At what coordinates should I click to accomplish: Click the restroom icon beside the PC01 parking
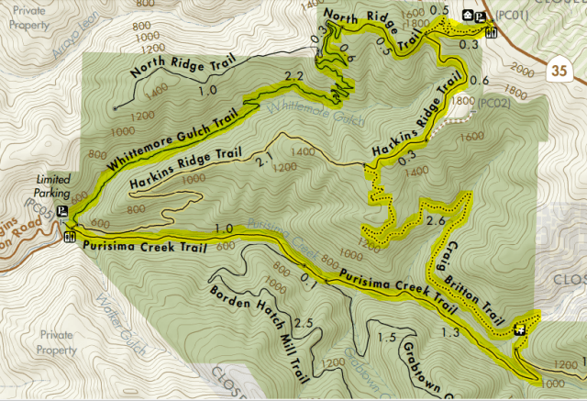[x=491, y=33]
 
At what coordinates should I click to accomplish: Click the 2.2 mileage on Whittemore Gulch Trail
[x=293, y=75]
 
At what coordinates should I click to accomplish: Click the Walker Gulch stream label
[x=115, y=317]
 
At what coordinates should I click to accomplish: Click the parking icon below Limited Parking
[x=61, y=211]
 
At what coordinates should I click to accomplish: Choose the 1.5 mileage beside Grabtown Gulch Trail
[x=388, y=339]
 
